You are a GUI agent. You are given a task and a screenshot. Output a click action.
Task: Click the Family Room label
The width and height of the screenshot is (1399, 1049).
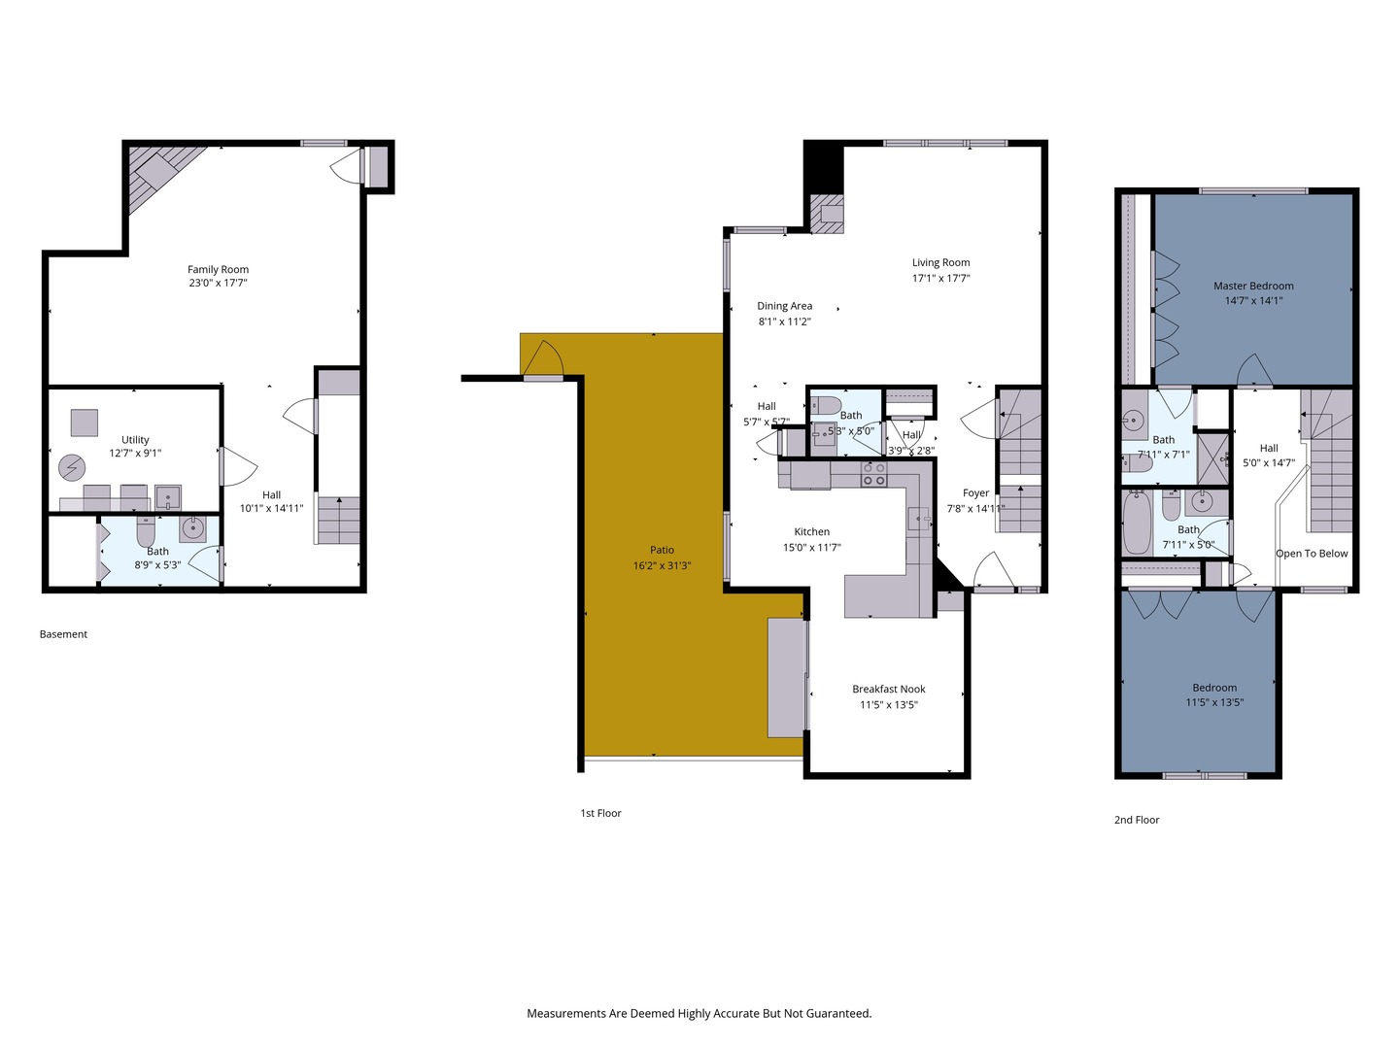(218, 270)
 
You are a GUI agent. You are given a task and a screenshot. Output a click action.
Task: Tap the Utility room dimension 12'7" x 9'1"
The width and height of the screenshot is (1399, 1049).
(135, 454)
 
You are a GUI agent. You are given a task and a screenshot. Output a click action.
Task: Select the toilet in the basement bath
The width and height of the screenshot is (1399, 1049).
(146, 532)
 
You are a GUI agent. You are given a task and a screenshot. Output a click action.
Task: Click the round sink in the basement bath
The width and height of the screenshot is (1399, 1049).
(192, 528)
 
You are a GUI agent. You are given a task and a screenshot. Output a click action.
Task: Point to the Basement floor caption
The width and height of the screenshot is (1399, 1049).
(63, 634)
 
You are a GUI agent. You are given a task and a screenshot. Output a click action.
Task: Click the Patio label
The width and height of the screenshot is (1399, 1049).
(662, 551)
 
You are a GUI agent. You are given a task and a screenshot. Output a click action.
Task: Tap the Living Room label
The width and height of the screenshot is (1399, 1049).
(940, 262)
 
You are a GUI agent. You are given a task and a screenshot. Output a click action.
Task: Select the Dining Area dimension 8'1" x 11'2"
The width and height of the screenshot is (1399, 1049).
(784, 321)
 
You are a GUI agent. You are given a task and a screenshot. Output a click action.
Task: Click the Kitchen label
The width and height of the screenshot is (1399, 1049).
(811, 532)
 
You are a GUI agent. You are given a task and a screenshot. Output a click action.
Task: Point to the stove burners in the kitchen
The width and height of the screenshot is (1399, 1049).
(872, 474)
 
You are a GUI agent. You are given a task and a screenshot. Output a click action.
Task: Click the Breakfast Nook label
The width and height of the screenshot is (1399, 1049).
(888, 690)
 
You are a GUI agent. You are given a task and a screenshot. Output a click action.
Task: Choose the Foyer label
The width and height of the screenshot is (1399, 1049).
(975, 493)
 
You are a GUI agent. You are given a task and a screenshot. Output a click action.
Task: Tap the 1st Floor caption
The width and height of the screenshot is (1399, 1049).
(600, 813)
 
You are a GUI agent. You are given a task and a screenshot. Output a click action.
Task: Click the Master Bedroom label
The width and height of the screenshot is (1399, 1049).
(1253, 287)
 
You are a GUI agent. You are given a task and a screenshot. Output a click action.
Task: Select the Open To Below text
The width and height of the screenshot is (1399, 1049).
(1312, 554)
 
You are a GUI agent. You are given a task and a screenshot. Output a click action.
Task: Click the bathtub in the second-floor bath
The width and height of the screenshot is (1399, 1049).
(1137, 524)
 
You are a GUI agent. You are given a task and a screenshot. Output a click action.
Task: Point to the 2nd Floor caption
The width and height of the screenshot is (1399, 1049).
(1137, 820)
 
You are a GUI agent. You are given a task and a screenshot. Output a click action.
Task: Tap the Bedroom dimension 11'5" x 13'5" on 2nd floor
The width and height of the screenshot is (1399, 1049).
(1214, 702)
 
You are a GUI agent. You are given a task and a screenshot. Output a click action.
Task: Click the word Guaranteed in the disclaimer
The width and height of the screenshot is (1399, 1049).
(838, 1013)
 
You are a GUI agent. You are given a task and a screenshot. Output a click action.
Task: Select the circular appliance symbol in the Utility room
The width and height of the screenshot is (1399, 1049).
(72, 468)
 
